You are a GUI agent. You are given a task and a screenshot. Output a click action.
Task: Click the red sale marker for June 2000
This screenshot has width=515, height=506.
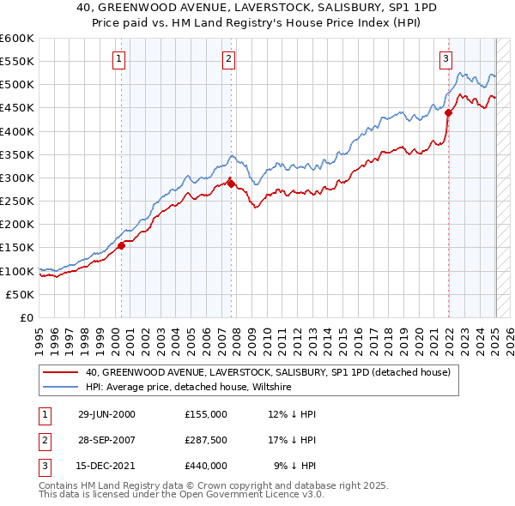pyautogui.click(x=121, y=245)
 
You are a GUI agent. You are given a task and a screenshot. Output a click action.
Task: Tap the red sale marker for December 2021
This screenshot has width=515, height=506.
pyautogui.click(x=448, y=112)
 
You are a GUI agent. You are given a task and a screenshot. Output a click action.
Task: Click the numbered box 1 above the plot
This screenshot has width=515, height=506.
pyautogui.click(x=118, y=59)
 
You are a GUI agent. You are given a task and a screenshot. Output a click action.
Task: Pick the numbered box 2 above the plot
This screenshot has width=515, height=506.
pyautogui.click(x=229, y=59)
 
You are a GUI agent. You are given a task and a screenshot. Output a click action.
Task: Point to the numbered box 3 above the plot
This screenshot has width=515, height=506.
pyautogui.click(x=446, y=59)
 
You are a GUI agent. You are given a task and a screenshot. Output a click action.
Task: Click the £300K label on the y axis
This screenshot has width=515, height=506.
pyautogui.click(x=17, y=178)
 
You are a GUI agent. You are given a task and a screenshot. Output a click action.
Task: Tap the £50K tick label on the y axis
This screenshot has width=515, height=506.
pyautogui.click(x=21, y=294)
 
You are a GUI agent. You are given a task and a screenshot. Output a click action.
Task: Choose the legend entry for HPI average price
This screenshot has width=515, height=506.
pyautogui.click(x=189, y=387)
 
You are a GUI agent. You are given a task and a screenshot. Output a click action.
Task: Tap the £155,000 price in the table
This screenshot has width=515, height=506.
pyautogui.click(x=206, y=413)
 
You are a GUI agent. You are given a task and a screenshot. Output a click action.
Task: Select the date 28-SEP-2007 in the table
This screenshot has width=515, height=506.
pyautogui.click(x=106, y=440)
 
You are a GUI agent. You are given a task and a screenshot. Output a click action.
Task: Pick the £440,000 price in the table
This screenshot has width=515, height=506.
pyautogui.click(x=206, y=467)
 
